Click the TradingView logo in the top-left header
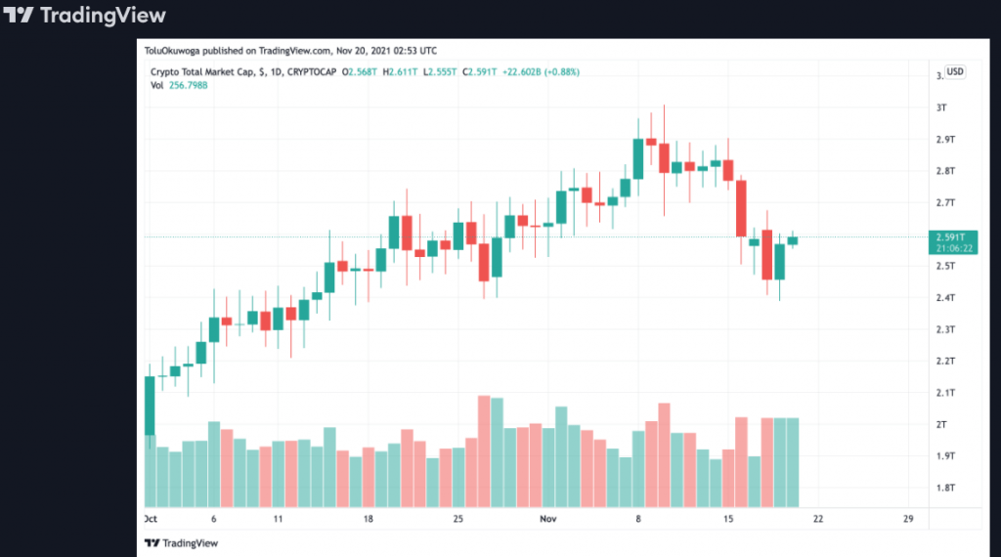click(85, 16)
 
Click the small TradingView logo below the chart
click(181, 542)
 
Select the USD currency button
click(955, 70)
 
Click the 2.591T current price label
click(949, 237)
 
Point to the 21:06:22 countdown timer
click(949, 248)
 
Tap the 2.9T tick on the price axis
click(944, 140)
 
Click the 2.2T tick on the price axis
click(944, 362)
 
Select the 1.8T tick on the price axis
click(944, 488)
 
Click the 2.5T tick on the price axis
click(944, 266)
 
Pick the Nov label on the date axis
click(548, 519)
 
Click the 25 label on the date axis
click(457, 519)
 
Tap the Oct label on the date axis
click(152, 519)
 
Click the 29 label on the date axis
click(908, 519)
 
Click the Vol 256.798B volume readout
click(178, 85)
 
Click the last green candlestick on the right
click(793, 239)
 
